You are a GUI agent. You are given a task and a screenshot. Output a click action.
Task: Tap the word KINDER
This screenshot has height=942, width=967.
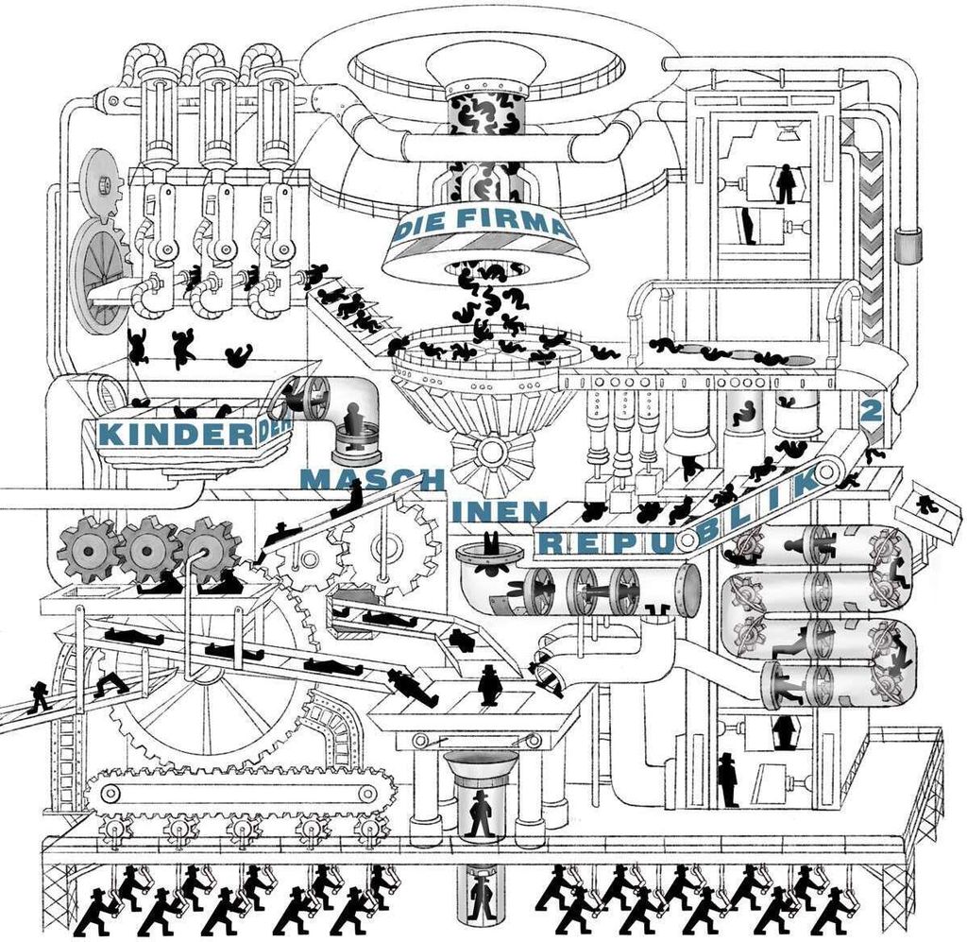pos(175,435)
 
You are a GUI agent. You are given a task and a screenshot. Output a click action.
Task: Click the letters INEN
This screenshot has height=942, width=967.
pos(500,511)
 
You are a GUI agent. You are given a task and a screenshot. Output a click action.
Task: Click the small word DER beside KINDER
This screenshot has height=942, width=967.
pos(273,429)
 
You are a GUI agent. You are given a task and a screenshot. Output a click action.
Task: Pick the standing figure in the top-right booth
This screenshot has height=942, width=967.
pos(785,183)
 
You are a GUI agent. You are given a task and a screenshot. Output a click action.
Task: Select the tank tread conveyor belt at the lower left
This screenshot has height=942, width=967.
pos(239,792)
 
